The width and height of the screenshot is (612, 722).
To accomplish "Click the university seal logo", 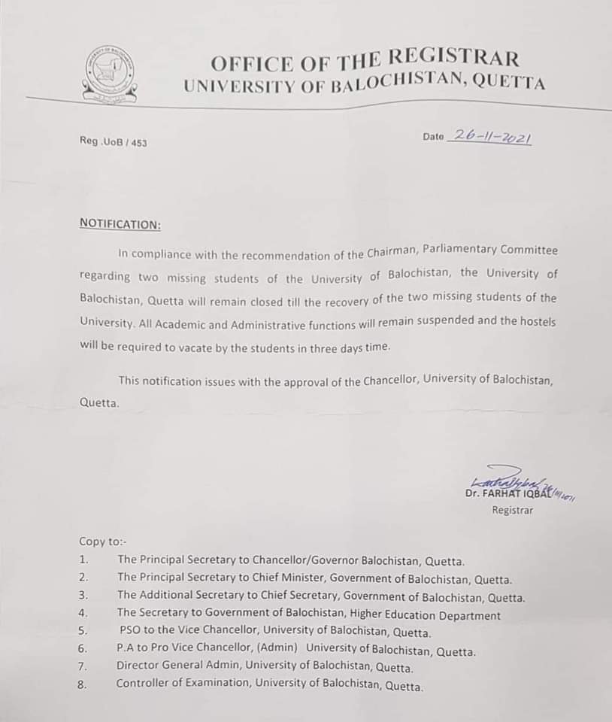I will tap(111, 74).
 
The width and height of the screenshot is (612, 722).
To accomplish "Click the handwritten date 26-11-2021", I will tap(489, 137).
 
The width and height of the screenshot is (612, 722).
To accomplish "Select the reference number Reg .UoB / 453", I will tap(113, 141).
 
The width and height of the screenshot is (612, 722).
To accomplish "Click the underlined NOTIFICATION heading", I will tap(120, 224).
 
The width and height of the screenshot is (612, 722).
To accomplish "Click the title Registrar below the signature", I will tap(513, 510).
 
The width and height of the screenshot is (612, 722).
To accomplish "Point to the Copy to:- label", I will tap(103, 541).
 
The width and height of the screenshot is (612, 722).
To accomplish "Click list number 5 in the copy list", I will tap(83, 631).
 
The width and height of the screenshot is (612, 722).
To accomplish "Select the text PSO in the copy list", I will tap(130, 631).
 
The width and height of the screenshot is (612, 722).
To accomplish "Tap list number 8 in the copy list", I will tap(83, 684).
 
